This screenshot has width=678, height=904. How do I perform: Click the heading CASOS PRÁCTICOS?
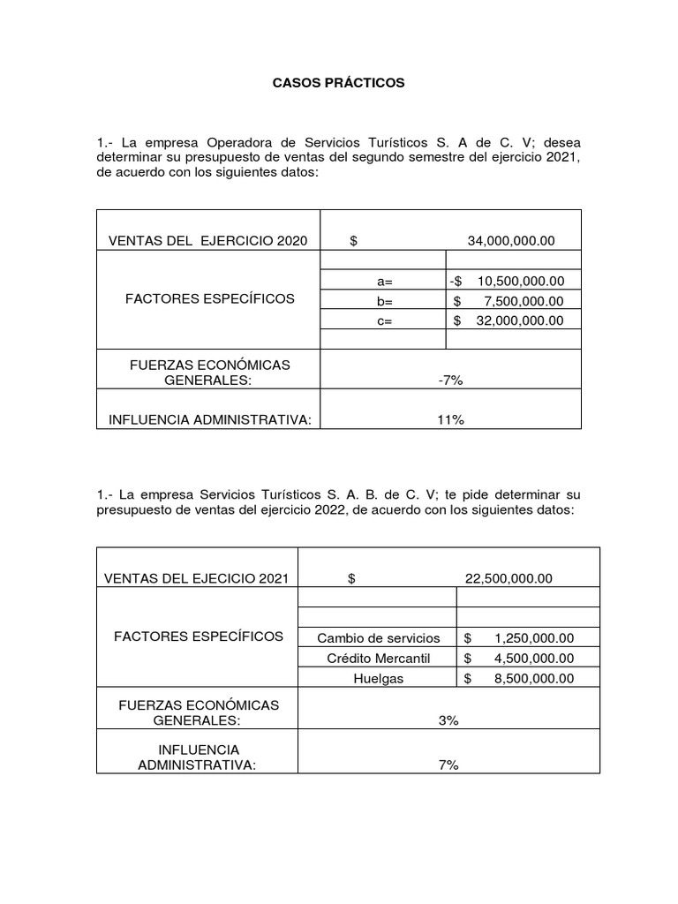pyautogui.click(x=338, y=82)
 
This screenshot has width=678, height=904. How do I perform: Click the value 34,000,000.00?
pyautogui.click(x=511, y=242)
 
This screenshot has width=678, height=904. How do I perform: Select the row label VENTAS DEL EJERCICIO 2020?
pyautogui.click(x=207, y=242)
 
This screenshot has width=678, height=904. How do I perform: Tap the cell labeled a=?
pyautogui.click(x=383, y=282)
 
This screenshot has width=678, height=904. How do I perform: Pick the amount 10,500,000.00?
pyautogui.click(x=519, y=282)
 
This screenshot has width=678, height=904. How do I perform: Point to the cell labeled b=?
pyautogui.click(x=383, y=301)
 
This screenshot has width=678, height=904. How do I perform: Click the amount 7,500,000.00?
pyautogui.click(x=523, y=301)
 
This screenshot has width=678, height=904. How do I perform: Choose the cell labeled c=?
pyautogui.click(x=383, y=321)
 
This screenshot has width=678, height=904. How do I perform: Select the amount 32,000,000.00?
pyautogui.click(x=519, y=321)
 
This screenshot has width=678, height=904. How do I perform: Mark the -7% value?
pyautogui.click(x=450, y=380)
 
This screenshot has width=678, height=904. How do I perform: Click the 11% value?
pyautogui.click(x=450, y=420)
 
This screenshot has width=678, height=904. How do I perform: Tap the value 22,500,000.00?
pyautogui.click(x=508, y=579)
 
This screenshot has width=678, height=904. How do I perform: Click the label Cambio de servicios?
pyautogui.click(x=378, y=638)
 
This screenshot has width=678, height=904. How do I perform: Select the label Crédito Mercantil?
pyautogui.click(x=378, y=659)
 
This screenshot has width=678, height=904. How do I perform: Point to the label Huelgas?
pyautogui.click(x=378, y=679)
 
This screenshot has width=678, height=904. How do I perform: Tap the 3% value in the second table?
pyautogui.click(x=448, y=721)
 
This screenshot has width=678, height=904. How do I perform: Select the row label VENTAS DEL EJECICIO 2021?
pyautogui.click(x=197, y=579)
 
